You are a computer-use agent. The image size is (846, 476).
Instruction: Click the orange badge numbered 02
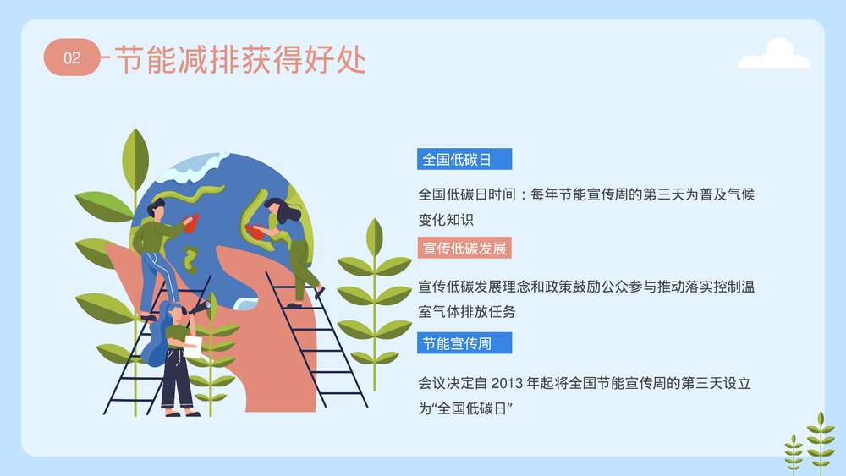(72, 57)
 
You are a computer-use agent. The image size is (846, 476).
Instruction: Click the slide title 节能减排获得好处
(239, 58)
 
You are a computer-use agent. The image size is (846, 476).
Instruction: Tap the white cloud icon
(774, 55)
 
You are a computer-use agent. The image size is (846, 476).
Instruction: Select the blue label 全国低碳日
(464, 159)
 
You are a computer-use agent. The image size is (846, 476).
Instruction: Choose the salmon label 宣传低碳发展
(464, 249)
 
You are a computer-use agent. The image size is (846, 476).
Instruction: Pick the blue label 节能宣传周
(464, 343)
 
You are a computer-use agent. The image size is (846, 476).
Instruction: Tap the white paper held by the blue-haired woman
(191, 346)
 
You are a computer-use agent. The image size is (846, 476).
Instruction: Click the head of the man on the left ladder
(157, 206)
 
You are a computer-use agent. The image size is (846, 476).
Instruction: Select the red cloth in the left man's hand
(193, 222)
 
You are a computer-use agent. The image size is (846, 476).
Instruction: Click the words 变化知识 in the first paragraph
(444, 219)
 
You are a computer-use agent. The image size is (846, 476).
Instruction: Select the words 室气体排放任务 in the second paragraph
(467, 311)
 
